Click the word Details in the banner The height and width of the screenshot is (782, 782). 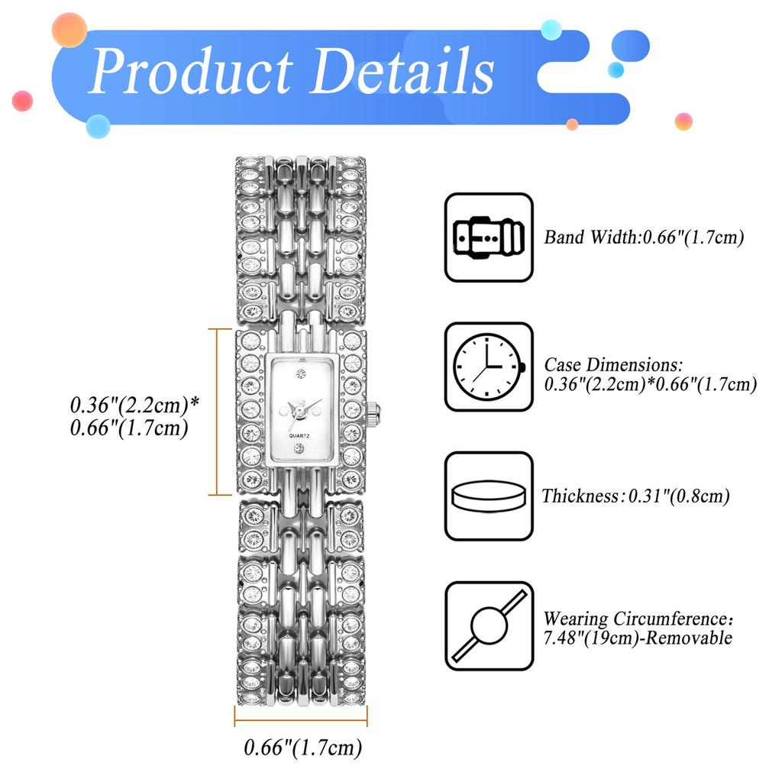coord(402,70)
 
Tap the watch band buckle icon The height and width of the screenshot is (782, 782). coord(489,238)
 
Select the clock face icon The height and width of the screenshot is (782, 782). coord(489,367)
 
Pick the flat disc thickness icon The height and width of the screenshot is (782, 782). coord(489,496)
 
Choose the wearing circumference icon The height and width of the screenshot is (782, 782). coord(489,625)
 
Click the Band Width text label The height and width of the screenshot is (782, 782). coord(644,238)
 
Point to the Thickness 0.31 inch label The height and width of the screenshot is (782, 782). coord(636,496)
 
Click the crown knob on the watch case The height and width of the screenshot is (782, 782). coord(374,412)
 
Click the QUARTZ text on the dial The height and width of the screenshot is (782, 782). coord(299,436)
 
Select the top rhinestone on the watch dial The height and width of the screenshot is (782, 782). coord(300,374)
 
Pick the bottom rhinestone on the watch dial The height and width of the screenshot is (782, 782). coord(299,449)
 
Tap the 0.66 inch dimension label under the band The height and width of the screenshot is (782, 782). coord(302,748)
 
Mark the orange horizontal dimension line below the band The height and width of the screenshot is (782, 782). coord(301,720)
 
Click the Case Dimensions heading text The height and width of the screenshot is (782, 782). coord(613,364)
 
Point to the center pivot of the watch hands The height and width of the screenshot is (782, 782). coord(299,410)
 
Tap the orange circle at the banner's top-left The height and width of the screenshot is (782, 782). coord(69,30)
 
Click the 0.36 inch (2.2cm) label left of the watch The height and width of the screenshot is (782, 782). coord(134,405)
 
